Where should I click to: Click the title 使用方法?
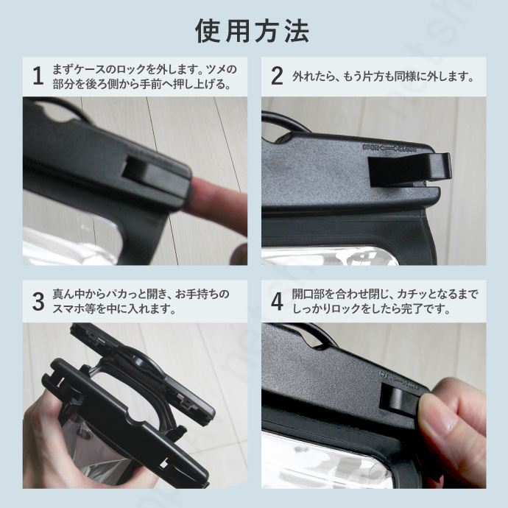point(252,31)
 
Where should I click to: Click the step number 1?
point(38,76)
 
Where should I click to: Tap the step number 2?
point(277,76)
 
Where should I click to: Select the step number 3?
point(38,302)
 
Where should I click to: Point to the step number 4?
point(277,302)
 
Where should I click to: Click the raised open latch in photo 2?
point(410,170)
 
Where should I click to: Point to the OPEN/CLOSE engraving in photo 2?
point(389,149)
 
